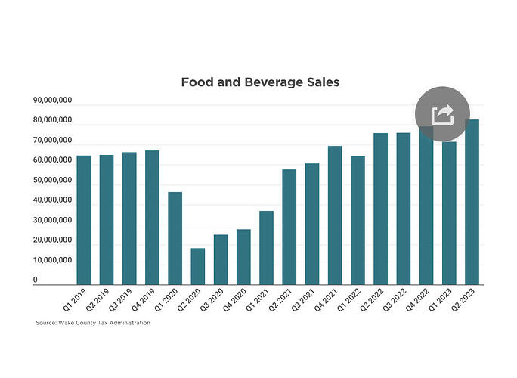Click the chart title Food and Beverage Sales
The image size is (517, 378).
259,82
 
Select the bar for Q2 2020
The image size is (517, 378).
197,266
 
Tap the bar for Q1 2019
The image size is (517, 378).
83,220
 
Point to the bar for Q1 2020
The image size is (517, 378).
175,238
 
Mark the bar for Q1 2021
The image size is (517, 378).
266,247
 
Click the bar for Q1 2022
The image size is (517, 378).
358,220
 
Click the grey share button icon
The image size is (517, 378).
442,115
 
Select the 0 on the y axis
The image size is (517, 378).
35,280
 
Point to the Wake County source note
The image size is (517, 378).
93,323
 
